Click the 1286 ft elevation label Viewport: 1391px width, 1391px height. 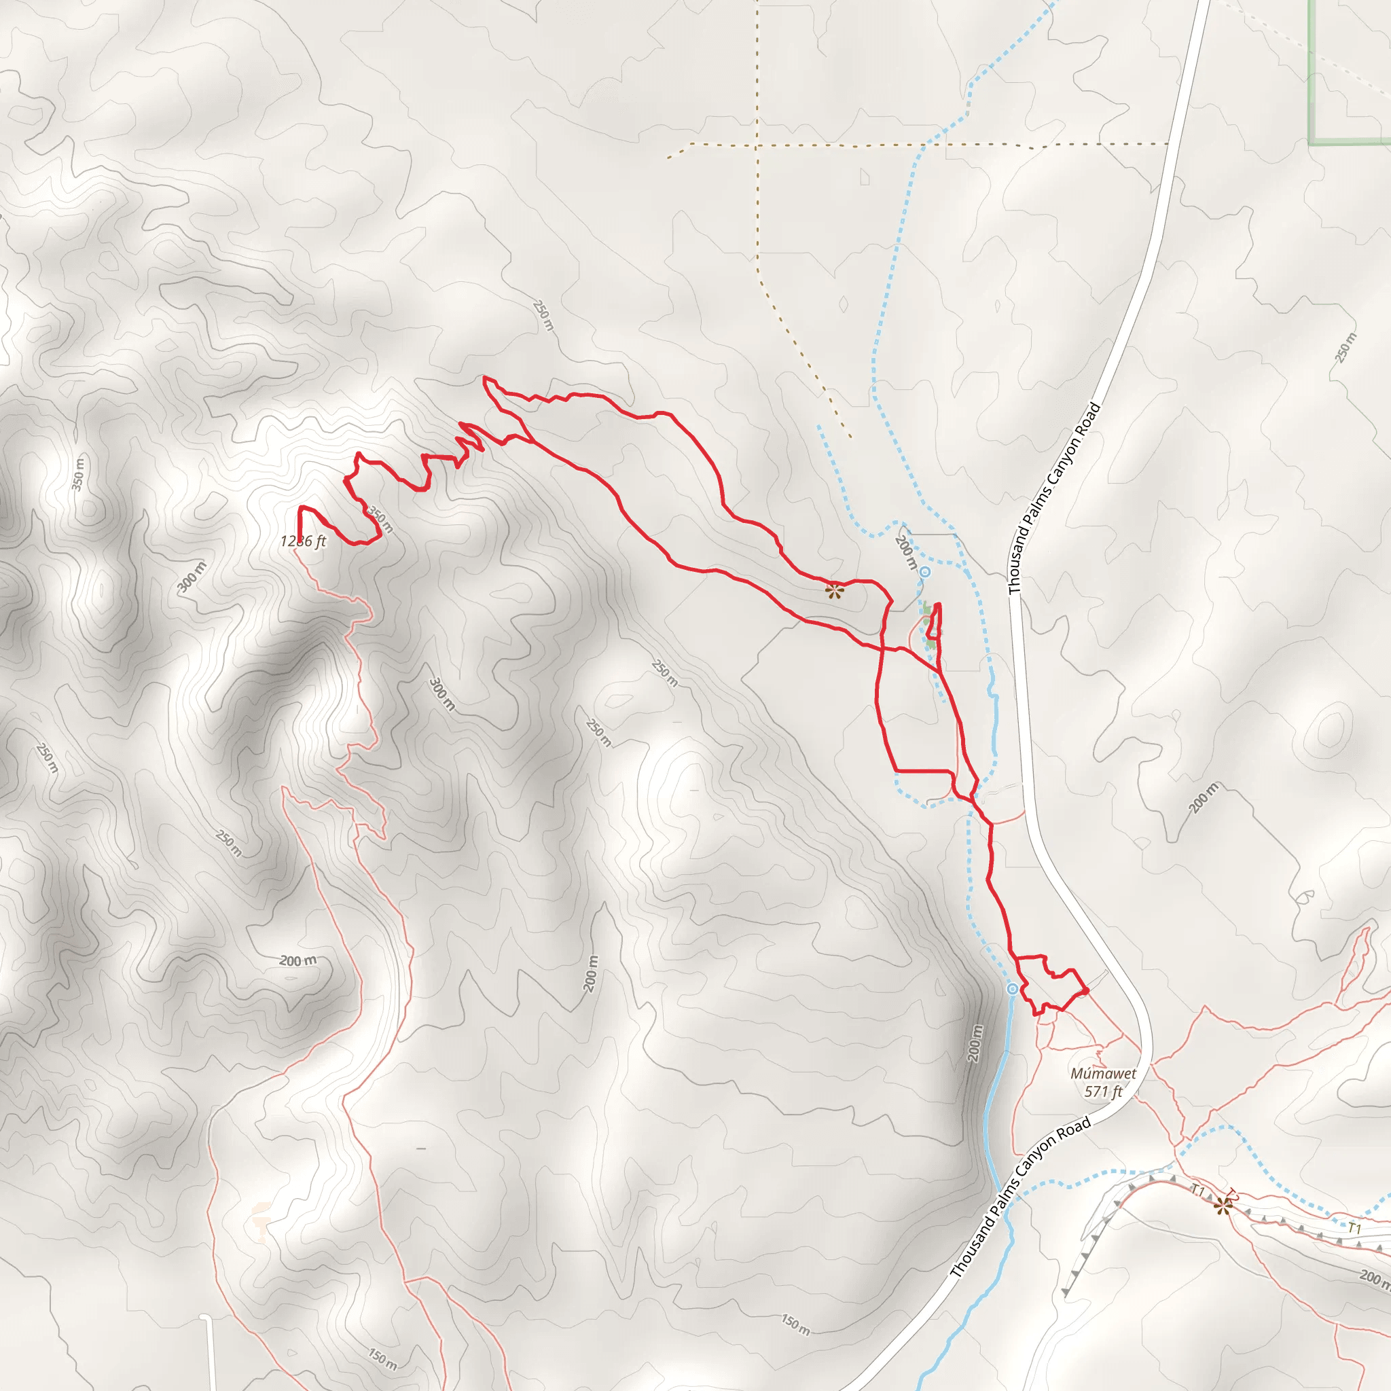[303, 541]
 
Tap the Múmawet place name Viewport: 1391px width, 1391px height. [1103, 1074]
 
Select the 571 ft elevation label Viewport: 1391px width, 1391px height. [1103, 1091]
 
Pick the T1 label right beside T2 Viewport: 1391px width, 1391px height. [1198, 1191]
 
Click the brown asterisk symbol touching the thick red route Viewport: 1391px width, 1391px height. [834, 592]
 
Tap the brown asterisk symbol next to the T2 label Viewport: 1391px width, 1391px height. [1223, 1206]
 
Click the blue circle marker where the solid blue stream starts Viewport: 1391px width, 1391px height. [1012, 989]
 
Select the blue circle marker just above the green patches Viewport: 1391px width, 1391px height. [925, 573]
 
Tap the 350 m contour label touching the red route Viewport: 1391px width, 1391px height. [380, 518]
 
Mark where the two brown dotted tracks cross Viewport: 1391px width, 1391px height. [757, 145]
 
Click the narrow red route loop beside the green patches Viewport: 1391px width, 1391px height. [935, 623]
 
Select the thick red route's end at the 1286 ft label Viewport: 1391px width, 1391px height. [300, 536]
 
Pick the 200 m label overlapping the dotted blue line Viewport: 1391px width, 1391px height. [906, 552]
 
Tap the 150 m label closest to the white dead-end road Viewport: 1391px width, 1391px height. [382, 1359]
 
